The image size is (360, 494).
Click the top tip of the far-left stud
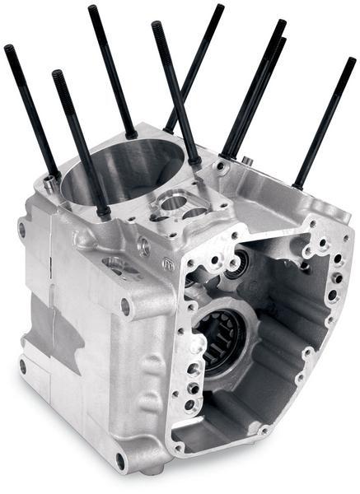(7, 49)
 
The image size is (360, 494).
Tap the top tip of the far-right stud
(352, 60)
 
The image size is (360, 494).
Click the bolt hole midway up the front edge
(125, 306)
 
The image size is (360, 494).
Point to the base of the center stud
(193, 161)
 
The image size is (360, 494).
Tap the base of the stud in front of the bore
(103, 212)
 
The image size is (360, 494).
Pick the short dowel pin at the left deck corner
(51, 180)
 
